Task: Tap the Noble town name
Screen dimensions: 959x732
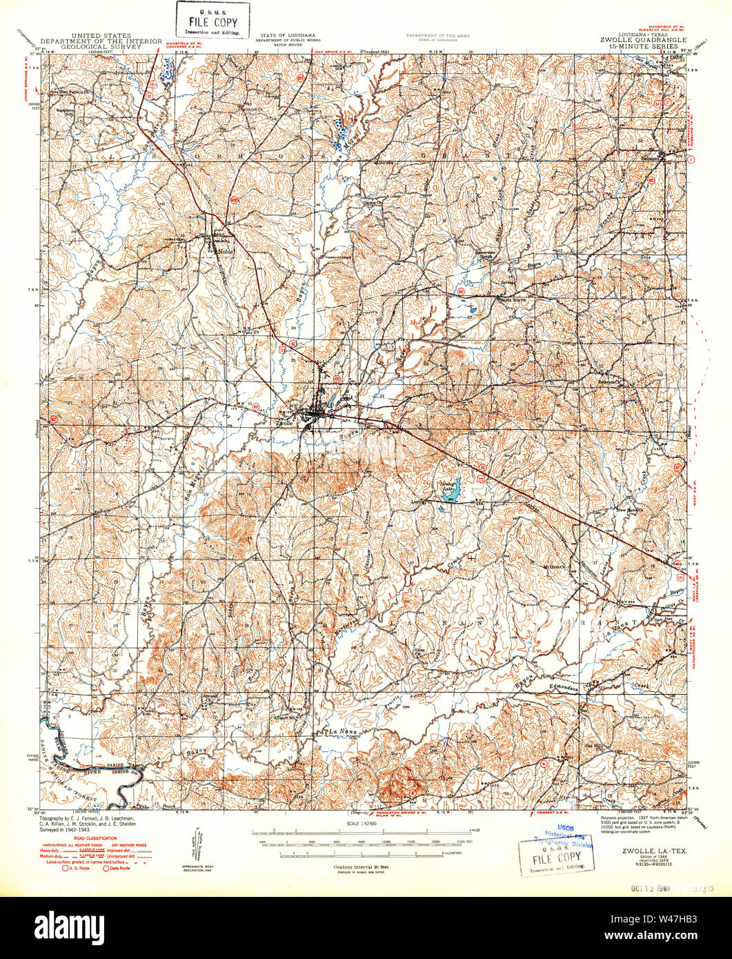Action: coord(225,252)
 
